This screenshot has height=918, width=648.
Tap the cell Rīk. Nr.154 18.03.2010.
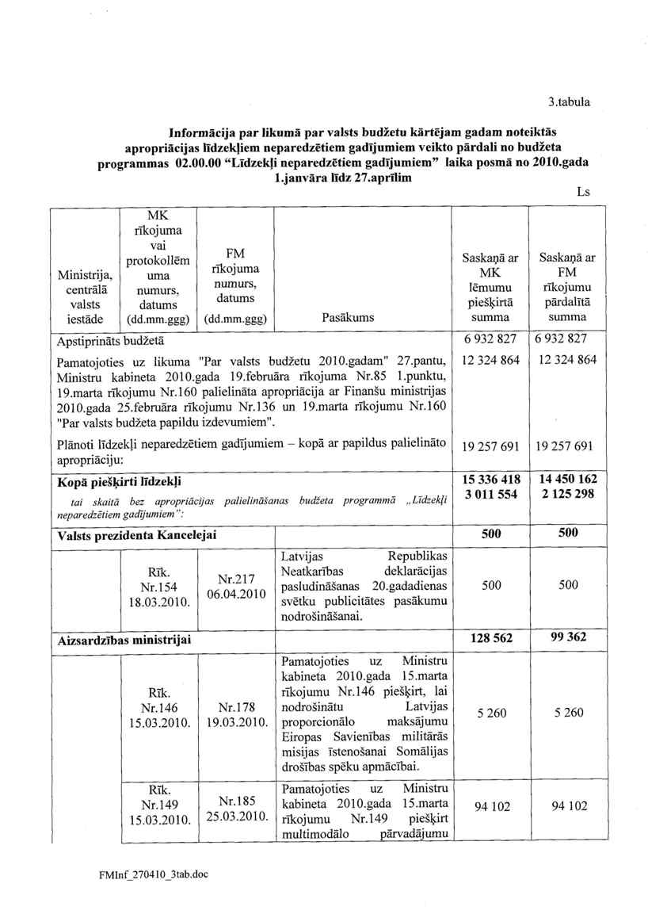point(154,587)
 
